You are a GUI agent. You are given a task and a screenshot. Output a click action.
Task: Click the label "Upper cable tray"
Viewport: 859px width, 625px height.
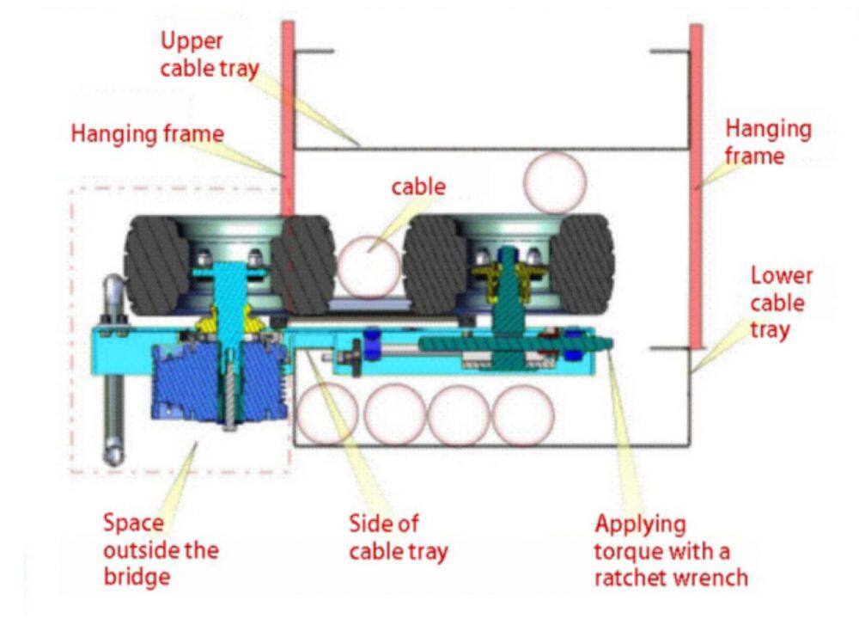click(x=209, y=54)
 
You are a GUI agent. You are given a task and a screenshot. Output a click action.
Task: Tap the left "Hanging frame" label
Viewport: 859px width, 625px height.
click(x=147, y=134)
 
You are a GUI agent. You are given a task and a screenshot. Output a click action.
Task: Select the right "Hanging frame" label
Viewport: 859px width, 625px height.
click(x=767, y=142)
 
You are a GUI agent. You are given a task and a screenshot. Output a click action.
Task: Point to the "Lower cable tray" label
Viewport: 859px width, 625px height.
click(x=780, y=303)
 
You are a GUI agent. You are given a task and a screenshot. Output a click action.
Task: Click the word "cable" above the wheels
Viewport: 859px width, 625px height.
click(x=418, y=186)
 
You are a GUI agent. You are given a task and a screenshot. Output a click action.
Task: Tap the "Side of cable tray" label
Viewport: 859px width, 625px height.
click(x=398, y=537)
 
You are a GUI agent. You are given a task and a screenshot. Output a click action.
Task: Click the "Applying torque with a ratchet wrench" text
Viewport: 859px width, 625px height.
click(x=670, y=549)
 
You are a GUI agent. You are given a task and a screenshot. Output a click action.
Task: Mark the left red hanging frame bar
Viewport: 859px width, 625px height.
click(x=288, y=120)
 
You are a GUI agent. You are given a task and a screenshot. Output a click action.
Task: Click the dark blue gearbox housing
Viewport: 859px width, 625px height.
click(x=190, y=383)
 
